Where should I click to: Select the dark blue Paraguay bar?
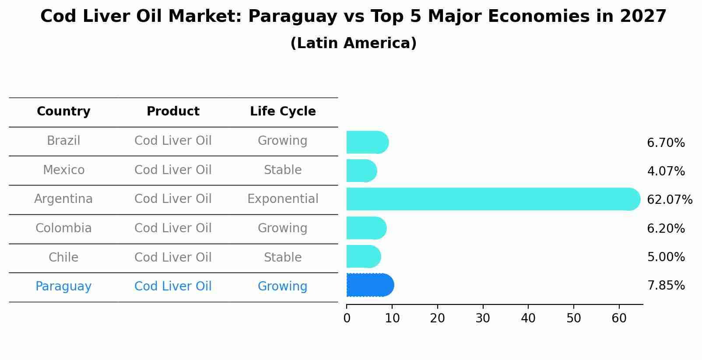370,285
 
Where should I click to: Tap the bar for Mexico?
362,171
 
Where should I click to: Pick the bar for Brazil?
367,142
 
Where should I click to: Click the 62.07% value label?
669,200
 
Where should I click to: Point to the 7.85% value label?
666,286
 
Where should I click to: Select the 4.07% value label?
666,171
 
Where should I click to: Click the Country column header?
63,112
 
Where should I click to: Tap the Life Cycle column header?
283,112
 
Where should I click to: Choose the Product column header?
173,112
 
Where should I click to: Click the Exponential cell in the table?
283,199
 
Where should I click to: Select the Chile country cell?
63,257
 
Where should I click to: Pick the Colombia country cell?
63,228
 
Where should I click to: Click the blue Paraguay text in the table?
63,287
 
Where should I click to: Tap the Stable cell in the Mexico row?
283,170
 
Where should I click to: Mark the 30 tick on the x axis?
483,318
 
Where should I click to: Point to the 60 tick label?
619,318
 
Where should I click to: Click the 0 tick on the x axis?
347,318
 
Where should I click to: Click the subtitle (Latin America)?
353,43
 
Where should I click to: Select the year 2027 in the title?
643,17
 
